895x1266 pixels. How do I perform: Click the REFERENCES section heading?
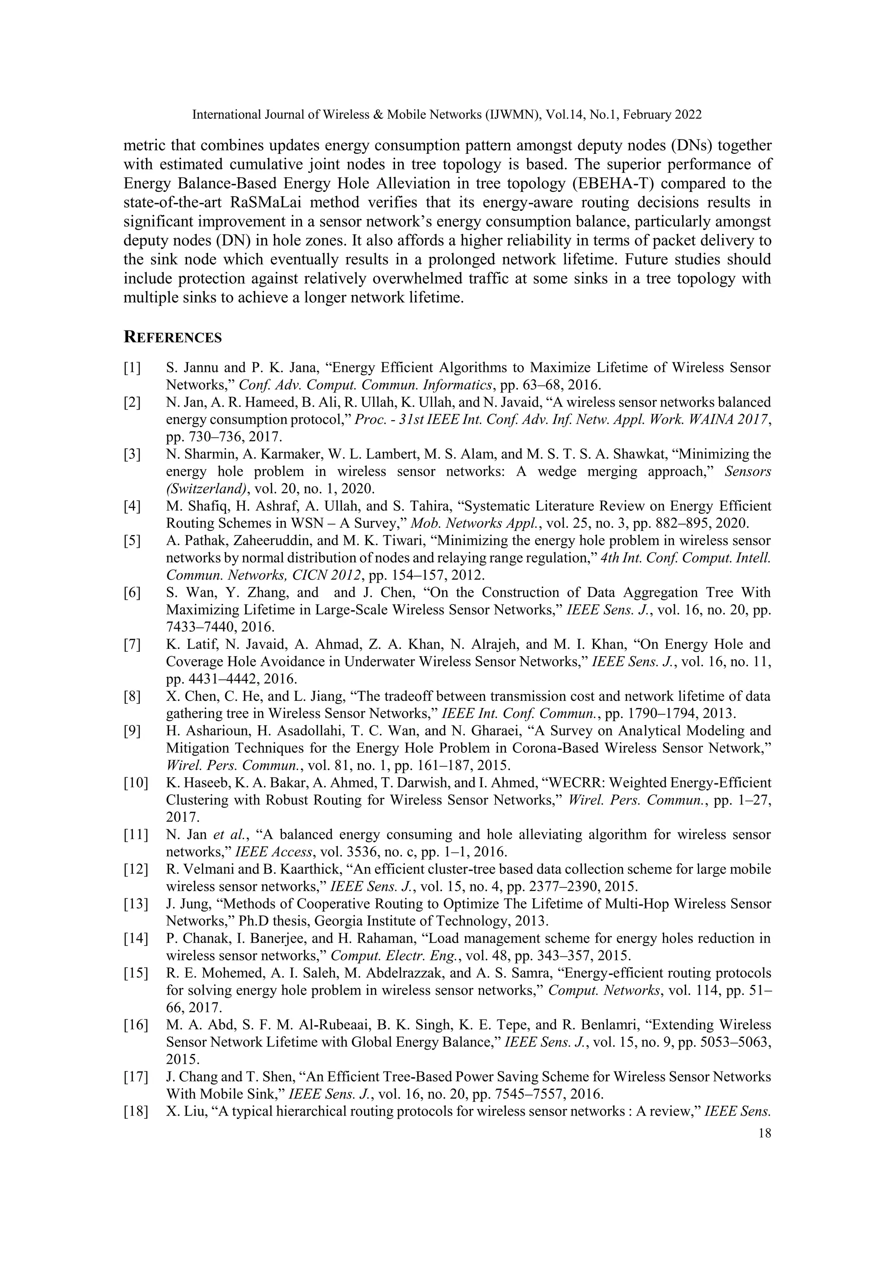tap(173, 337)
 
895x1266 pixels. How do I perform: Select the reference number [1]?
tap(132, 368)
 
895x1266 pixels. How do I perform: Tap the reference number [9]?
tap(132, 731)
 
